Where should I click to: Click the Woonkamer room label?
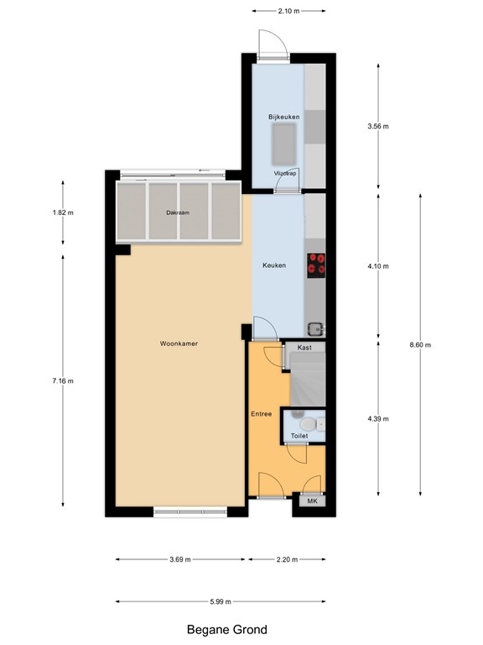pos(179,343)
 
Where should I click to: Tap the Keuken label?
pos(274,265)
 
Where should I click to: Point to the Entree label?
pos(262,415)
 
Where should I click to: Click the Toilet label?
pos(299,436)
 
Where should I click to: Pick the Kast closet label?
pos(304,347)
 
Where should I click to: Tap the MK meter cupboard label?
pos(313,501)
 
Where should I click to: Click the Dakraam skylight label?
pos(178,212)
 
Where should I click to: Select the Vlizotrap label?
pos(285,173)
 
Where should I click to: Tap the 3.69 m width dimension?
pos(178,559)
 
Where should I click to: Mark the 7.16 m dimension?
pos(62,380)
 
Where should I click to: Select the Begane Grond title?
pos(226,628)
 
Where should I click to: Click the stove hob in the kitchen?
pos(316,265)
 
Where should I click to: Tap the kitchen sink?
pos(315,328)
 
